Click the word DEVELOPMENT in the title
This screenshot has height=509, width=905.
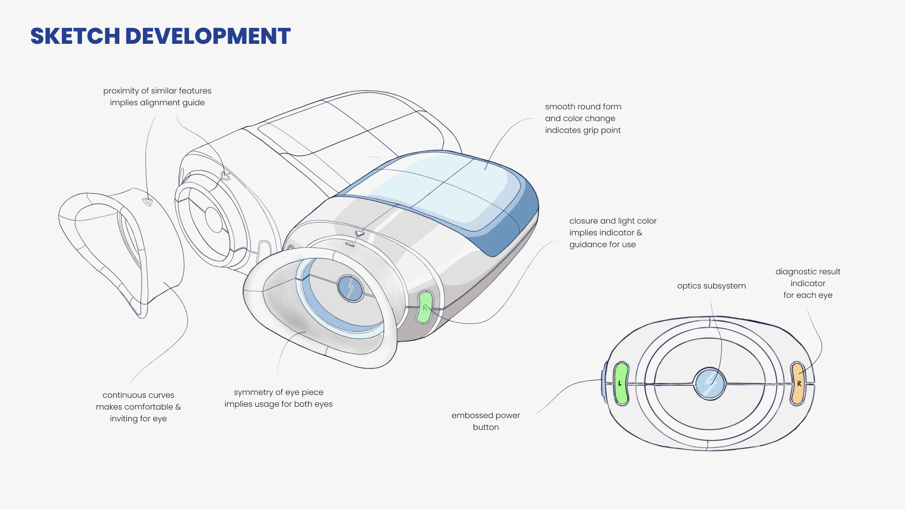coord(208,36)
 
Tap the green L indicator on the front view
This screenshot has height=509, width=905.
coord(621,383)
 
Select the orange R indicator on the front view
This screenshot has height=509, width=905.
coord(798,383)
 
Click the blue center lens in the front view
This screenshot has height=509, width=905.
coord(709,383)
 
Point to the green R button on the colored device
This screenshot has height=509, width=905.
coord(425,307)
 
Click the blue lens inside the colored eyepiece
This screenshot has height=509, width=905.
coord(350,288)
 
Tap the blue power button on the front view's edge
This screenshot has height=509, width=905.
coord(604,382)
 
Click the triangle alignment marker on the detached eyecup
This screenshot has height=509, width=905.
coord(148,202)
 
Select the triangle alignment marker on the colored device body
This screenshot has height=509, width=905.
coord(360,233)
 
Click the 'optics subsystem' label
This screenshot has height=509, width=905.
coord(711,286)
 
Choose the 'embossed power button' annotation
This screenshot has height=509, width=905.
coord(485,421)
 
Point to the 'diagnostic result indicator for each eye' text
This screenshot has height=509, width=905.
coord(807,283)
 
